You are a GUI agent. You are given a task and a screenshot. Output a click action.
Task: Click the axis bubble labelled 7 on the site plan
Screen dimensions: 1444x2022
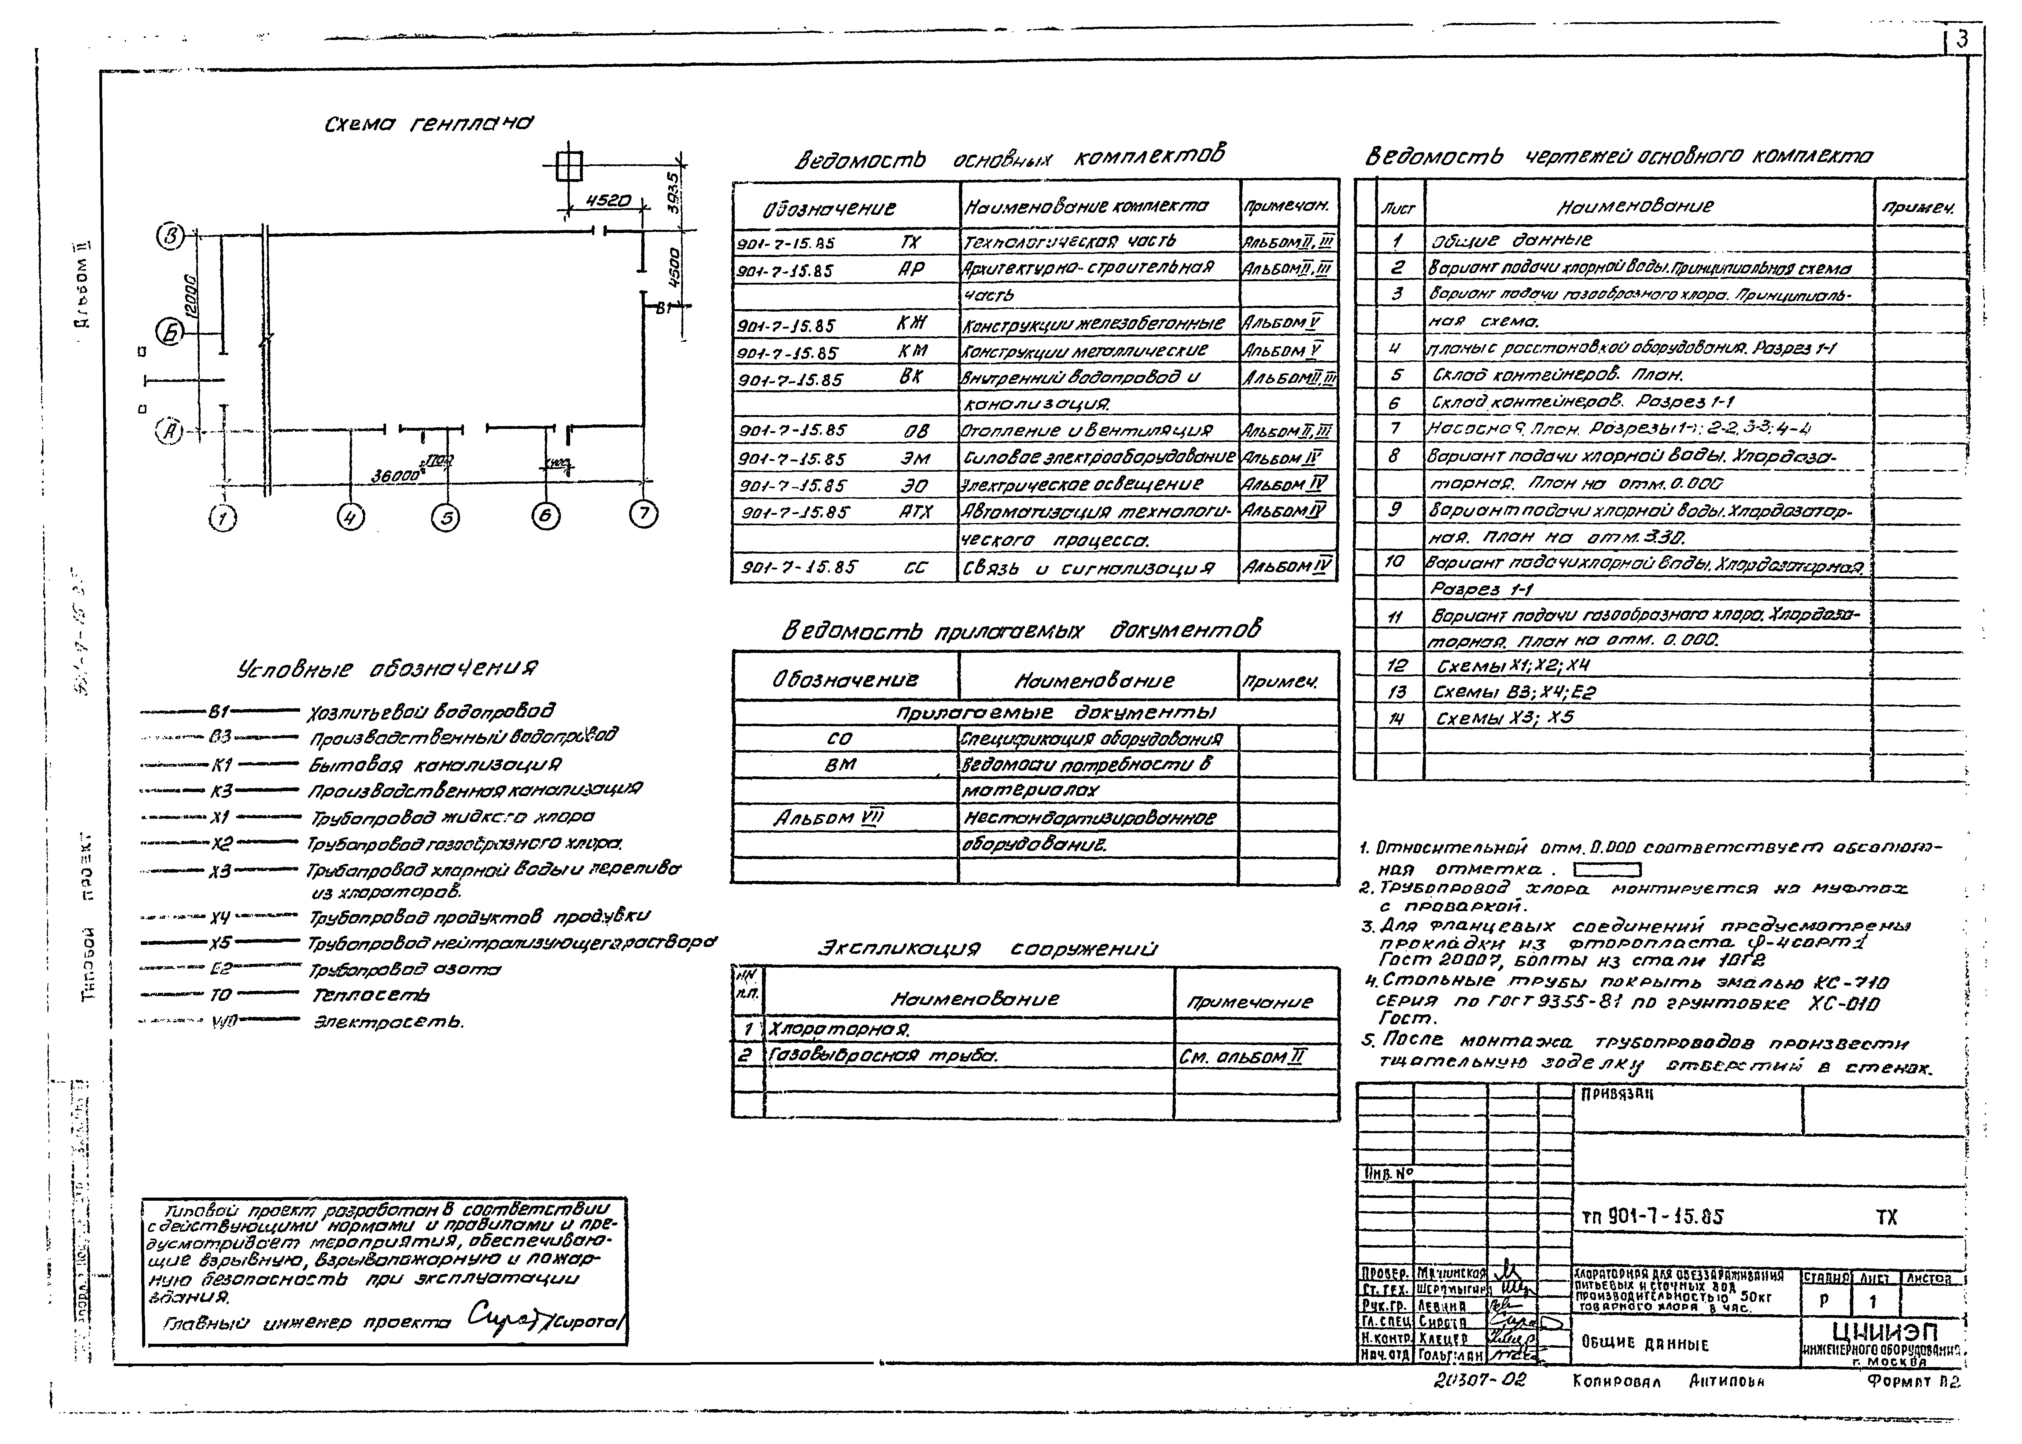(644, 514)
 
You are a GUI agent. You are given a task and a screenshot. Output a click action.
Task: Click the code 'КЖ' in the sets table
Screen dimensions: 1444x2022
(911, 324)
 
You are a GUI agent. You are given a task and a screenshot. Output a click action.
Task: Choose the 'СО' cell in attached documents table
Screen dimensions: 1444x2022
(839, 738)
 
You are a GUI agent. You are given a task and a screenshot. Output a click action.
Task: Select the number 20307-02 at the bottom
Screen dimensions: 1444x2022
(1479, 1380)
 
